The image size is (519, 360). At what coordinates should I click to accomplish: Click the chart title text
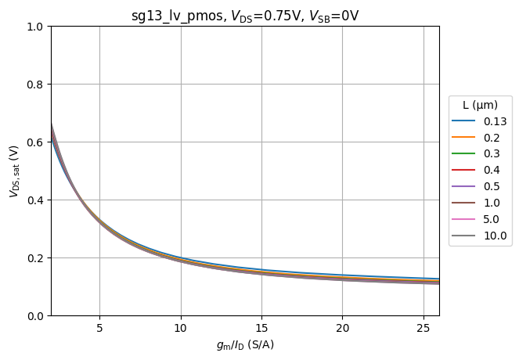pos(245,16)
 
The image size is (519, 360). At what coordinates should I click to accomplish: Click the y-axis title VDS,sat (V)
pos(14,171)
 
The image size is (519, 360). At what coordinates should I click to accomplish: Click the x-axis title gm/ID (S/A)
pos(245,345)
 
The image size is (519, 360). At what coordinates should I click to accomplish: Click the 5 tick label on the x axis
pos(99,327)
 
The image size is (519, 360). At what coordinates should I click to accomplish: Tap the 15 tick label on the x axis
pos(261,327)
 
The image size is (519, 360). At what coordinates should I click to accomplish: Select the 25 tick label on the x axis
pos(423,327)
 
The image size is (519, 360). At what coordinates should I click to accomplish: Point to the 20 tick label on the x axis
pos(342,327)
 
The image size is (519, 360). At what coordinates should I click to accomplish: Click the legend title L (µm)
pos(480,105)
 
